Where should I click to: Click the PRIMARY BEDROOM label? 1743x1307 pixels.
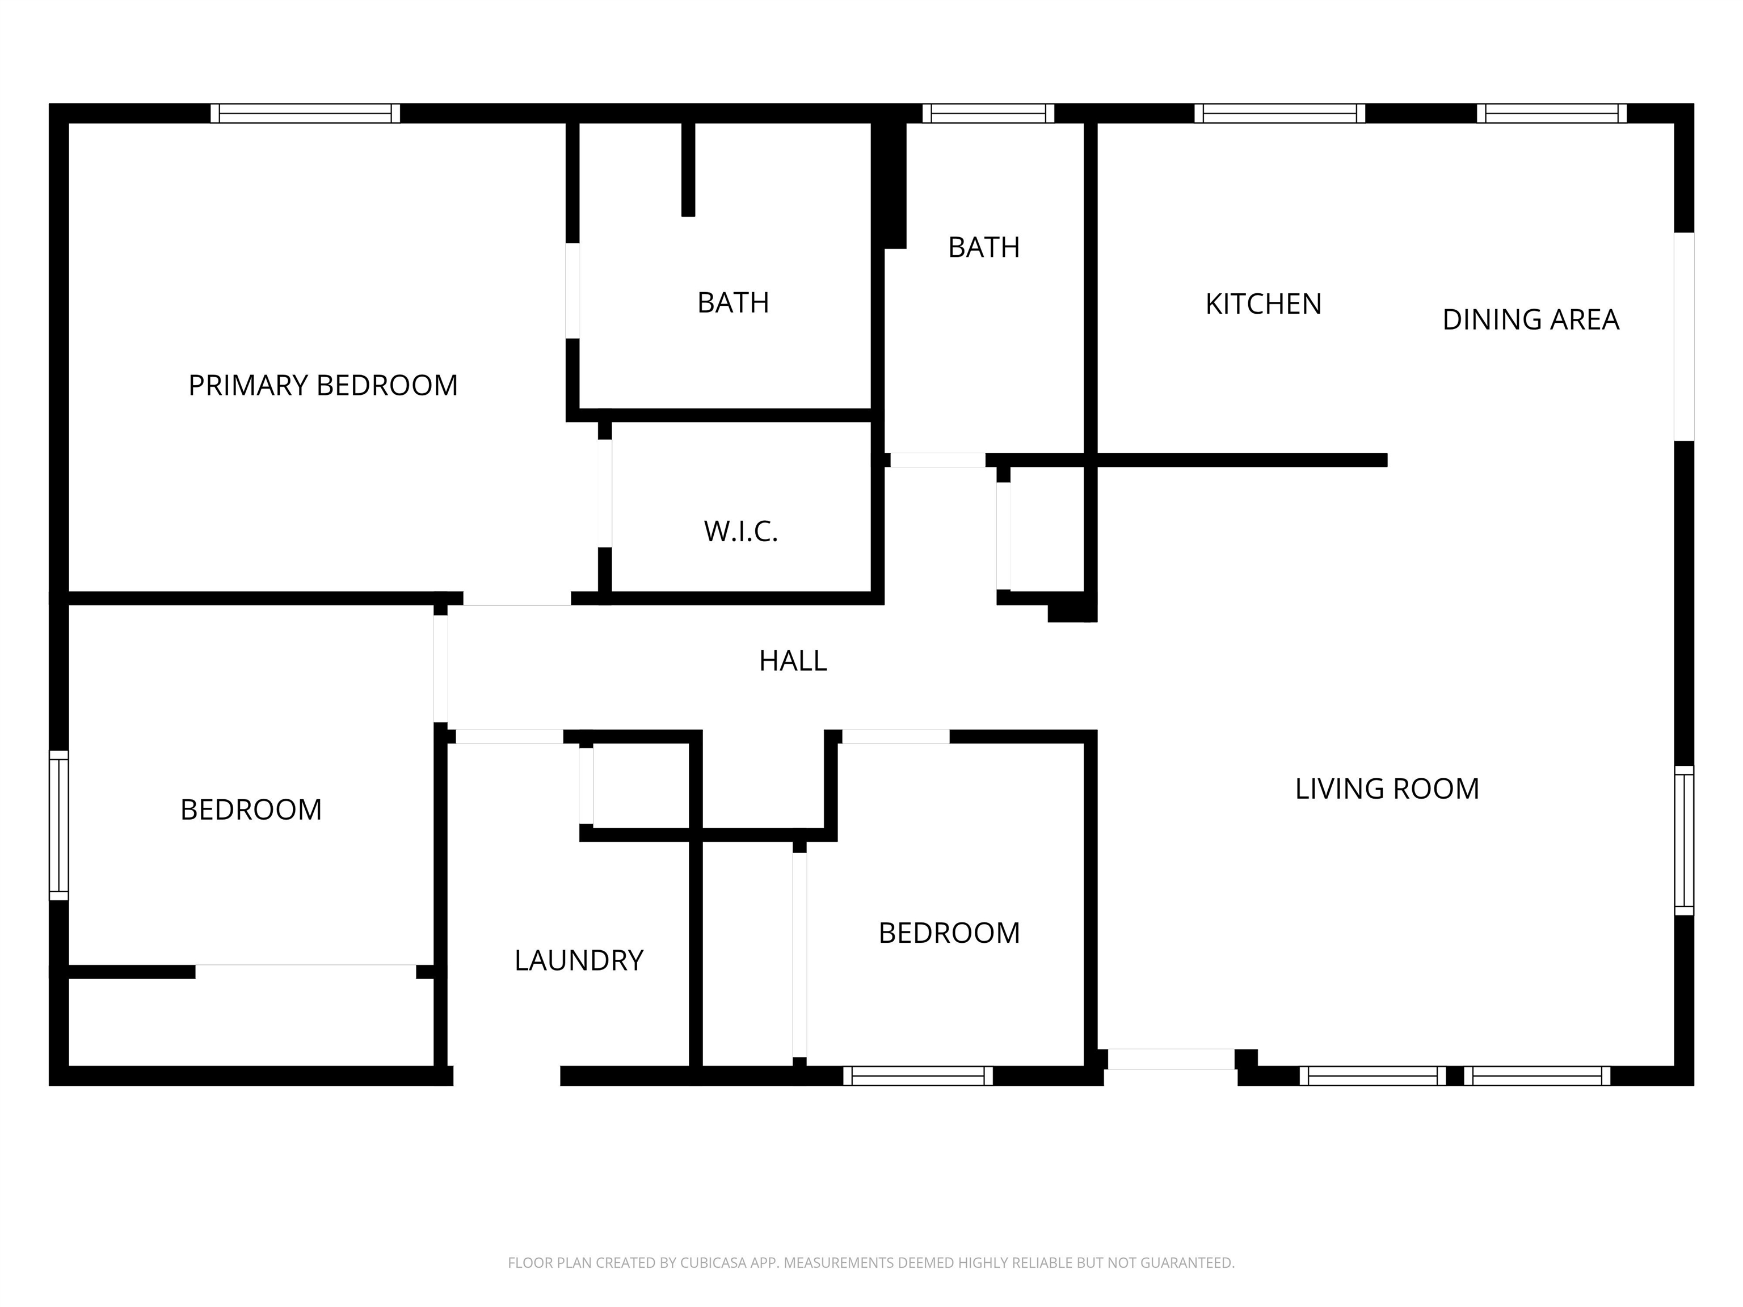coord(323,385)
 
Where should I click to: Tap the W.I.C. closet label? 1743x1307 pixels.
coord(740,532)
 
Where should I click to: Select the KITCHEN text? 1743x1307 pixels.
coord(1263,304)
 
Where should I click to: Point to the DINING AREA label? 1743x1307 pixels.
coord(1530,320)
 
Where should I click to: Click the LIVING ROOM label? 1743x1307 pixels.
coord(1387,789)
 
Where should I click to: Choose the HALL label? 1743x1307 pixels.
coord(793,661)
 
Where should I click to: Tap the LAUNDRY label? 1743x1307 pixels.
coord(579,960)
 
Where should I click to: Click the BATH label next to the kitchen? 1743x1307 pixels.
coord(983,247)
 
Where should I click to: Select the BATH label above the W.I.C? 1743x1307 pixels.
coord(733,302)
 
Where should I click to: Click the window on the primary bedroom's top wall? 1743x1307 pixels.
coord(305,113)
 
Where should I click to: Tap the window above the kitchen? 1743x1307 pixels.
coord(1279,113)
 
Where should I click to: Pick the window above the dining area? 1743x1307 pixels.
coord(1552,113)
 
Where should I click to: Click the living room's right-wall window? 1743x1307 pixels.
coord(1684,840)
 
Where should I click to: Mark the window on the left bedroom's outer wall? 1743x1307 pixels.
coord(59,825)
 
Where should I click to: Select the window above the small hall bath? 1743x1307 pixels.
coord(988,113)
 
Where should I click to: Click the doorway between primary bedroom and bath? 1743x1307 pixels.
coord(573,290)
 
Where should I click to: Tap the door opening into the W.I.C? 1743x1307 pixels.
coord(604,493)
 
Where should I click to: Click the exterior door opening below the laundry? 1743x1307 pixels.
coord(507,1076)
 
